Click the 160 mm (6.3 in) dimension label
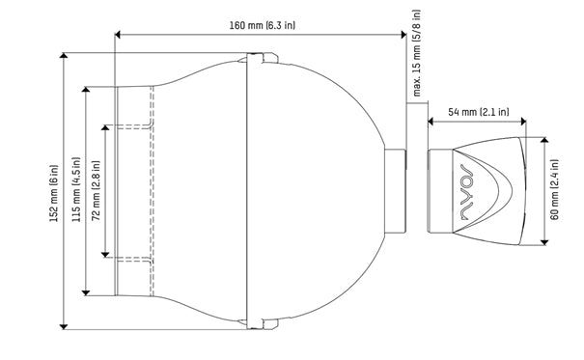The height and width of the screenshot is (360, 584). pyautogui.click(x=262, y=25)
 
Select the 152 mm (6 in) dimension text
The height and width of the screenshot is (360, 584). pyautogui.click(x=54, y=193)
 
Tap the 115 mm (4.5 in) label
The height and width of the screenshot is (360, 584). pyautogui.click(x=76, y=189)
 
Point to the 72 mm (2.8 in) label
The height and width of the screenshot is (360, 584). pyautogui.click(x=97, y=190)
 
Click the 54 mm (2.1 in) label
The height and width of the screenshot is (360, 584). pyautogui.click(x=478, y=112)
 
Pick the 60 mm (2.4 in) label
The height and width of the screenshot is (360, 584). pyautogui.click(x=555, y=189)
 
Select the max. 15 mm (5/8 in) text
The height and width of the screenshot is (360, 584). pyautogui.click(x=417, y=53)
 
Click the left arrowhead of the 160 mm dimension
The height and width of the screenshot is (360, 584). pyautogui.click(x=118, y=35)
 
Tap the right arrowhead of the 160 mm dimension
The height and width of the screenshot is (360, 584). pyautogui.click(x=403, y=35)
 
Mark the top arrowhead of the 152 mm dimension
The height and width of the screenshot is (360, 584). pyautogui.click(x=64, y=56)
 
